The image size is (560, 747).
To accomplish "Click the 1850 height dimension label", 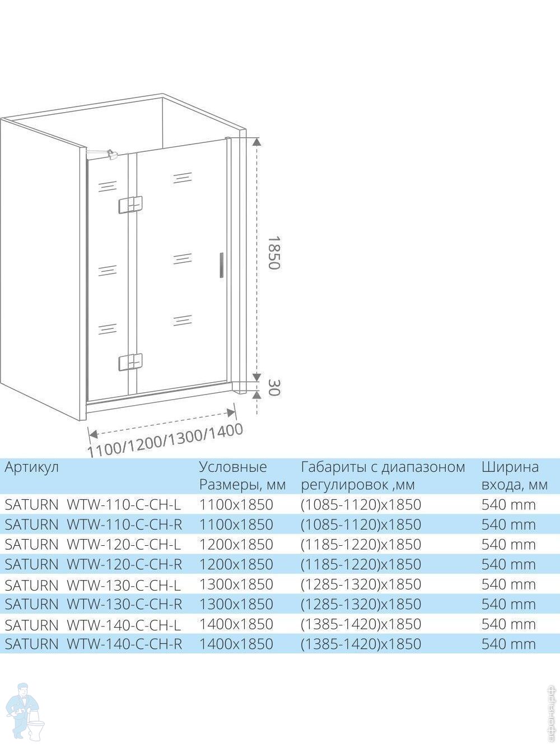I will point(273,252).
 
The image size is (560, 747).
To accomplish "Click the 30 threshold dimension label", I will point(273,386).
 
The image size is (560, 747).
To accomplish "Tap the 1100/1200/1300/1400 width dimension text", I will point(166,440).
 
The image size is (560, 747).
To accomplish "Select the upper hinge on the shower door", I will point(130,205).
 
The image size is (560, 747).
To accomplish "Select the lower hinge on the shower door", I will point(130,362).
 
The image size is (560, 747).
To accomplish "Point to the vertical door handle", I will point(222,265).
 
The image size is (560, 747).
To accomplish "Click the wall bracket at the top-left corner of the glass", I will point(111,152).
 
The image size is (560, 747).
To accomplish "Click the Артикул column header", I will point(31,467).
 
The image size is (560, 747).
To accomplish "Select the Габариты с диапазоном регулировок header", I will point(383,475).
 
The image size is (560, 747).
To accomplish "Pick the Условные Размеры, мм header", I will point(242,475).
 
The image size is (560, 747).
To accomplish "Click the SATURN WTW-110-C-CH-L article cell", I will point(93,504).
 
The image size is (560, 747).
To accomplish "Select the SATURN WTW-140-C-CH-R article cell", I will point(93,644).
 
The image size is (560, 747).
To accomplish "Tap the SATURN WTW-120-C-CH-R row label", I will point(93,564).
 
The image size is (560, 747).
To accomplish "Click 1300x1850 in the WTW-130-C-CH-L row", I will point(236,584).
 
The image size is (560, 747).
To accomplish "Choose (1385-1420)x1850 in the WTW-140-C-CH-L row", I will point(361,624).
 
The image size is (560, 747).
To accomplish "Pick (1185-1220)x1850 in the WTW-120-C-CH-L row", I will point(361,544).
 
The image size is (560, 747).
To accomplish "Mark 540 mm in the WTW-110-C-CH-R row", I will point(508,525).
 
